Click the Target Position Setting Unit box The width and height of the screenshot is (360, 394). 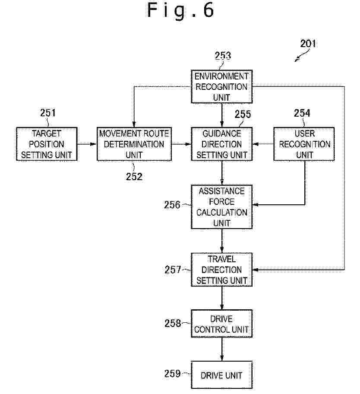coord(47,144)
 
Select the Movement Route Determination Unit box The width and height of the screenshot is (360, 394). coord(134,144)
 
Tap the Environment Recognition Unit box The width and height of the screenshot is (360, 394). coord(222,86)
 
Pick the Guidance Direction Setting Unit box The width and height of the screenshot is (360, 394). coord(222,144)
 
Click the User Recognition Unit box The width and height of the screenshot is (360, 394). coord(304,144)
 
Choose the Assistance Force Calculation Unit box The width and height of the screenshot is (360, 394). coord(222,207)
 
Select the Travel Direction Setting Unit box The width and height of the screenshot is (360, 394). coord(222,270)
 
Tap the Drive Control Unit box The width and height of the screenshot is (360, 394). coord(222,324)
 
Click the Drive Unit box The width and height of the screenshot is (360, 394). coord(222,375)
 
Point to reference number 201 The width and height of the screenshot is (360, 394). coord(308,44)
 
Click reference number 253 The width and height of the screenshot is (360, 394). coord(223,56)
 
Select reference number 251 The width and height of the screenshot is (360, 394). coord(48,113)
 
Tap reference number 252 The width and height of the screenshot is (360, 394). coord(134,176)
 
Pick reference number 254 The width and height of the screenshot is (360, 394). coord(302,113)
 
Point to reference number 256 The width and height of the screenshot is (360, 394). coord(172,205)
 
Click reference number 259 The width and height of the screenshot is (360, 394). coord(173,373)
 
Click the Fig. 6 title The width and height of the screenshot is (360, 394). coord(180,10)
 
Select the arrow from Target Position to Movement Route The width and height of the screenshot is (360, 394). coord(87,144)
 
